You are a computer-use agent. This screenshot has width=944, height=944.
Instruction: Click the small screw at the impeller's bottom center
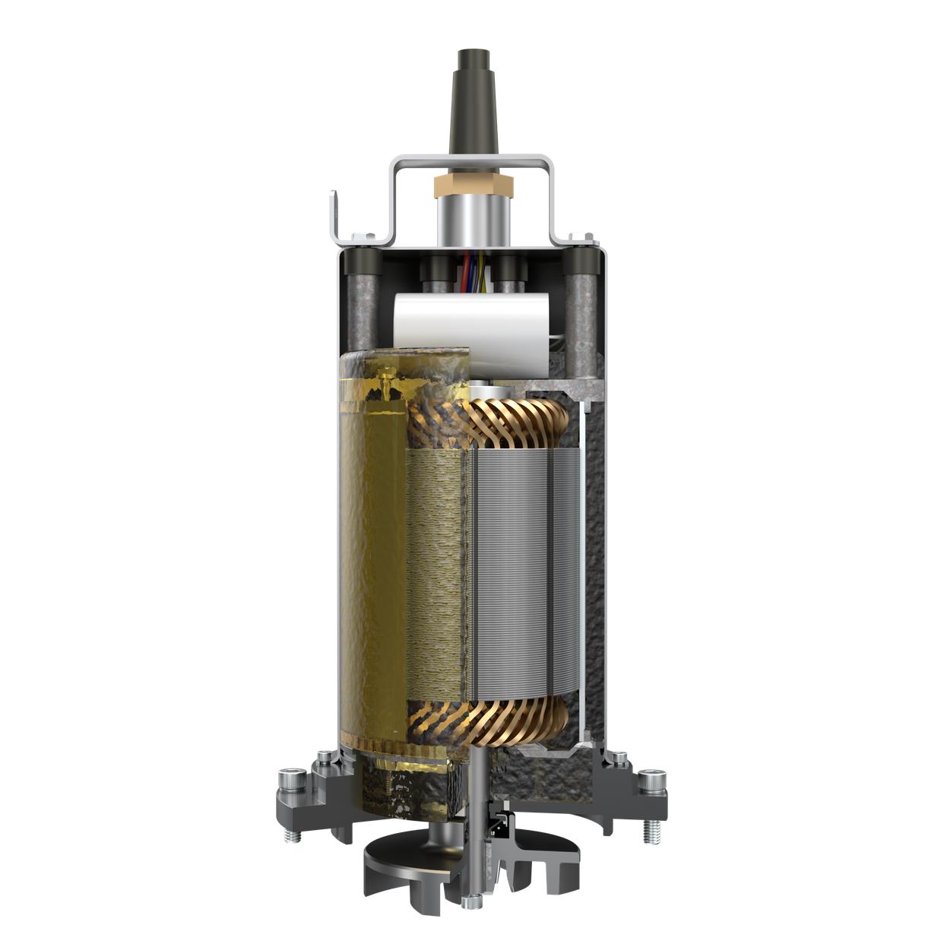click(472, 902)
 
